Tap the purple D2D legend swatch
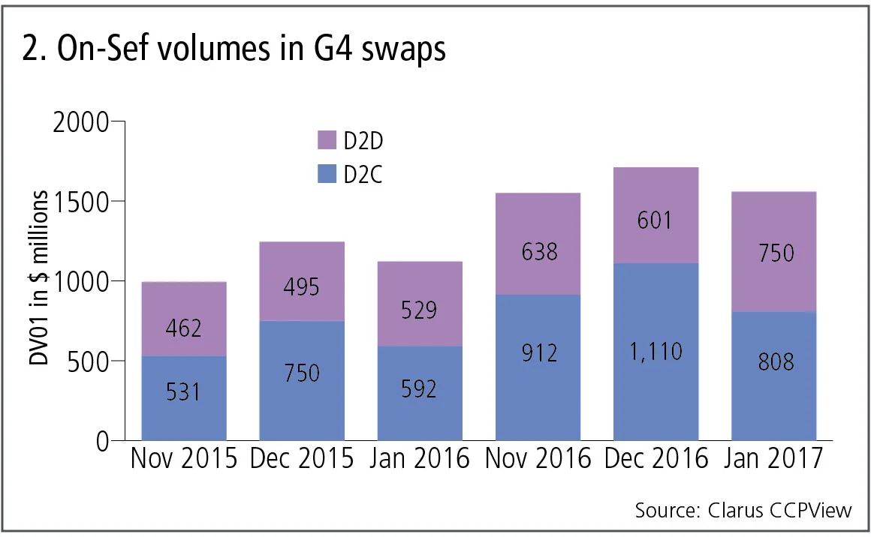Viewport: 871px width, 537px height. tap(327, 140)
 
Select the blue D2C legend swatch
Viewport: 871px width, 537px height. tap(327, 175)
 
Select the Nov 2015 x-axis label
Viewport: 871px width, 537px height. tap(184, 457)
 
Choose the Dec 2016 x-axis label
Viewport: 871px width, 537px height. tap(656, 457)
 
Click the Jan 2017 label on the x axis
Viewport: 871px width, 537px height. tap(773, 457)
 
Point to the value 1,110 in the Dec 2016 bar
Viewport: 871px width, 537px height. tap(656, 351)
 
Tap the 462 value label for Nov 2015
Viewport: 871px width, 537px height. tap(184, 327)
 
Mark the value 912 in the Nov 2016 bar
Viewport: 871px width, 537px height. tap(538, 351)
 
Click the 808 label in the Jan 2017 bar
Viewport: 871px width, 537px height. tap(773, 361)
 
